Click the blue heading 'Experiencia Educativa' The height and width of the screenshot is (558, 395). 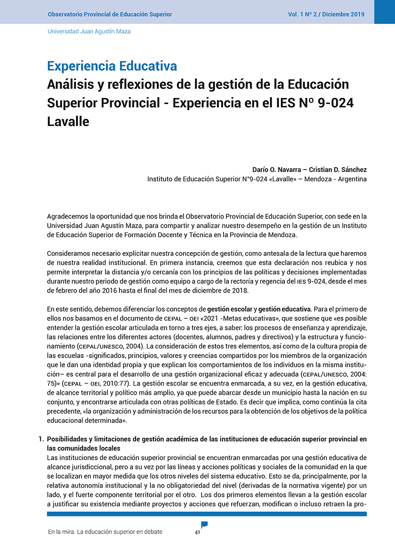pyautogui.click(x=112, y=66)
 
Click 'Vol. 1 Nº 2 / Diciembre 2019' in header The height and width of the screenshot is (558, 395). pyautogui.click(x=326, y=14)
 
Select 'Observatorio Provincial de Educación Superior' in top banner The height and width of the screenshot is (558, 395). pyautogui.click(x=110, y=14)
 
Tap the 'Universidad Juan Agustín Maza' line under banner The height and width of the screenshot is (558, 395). pyautogui.click(x=89, y=31)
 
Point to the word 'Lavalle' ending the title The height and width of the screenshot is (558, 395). pyautogui.click(x=68, y=121)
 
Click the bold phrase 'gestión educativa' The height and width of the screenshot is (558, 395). pyautogui.click(x=284, y=309)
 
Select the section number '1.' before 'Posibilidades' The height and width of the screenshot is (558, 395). pyautogui.click(x=41, y=439)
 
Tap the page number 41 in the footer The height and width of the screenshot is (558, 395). pyautogui.click(x=197, y=533)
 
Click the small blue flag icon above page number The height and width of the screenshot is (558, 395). pyautogui.click(x=204, y=525)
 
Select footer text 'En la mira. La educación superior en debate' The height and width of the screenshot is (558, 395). pyautogui.click(x=106, y=532)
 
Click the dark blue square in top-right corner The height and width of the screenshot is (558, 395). pyautogui.click(x=384, y=11)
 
